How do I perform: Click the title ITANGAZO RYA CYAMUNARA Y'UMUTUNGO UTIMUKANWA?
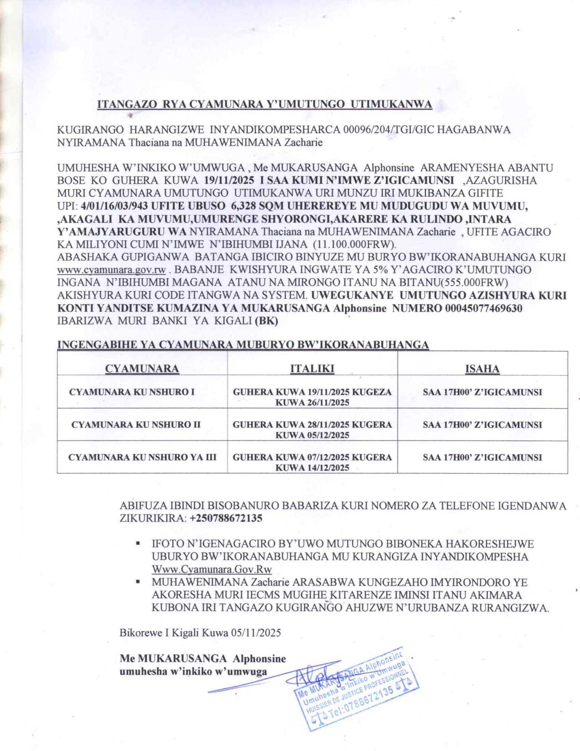pyautogui.click(x=264, y=104)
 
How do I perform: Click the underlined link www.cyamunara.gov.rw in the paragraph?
pyautogui.click(x=111, y=270)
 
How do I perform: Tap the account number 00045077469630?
pyautogui.click(x=484, y=308)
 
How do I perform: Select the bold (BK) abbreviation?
pyautogui.click(x=266, y=321)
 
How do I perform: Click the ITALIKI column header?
pyautogui.click(x=312, y=369)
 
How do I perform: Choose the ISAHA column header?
pyautogui.click(x=482, y=369)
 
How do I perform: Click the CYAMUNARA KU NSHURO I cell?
pyautogui.click(x=132, y=392)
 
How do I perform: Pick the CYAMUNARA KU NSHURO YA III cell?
pyautogui.click(x=142, y=457)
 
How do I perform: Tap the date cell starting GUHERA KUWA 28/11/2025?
pyautogui.click(x=312, y=429)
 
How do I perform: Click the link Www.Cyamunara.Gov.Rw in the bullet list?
pyautogui.click(x=212, y=569)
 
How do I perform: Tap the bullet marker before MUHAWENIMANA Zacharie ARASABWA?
pyautogui.click(x=138, y=582)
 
